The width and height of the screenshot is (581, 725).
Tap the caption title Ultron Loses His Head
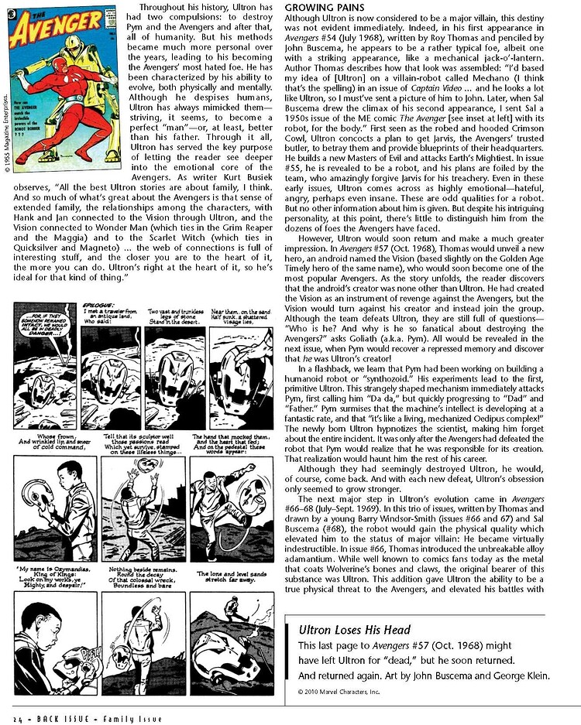coord(347,630)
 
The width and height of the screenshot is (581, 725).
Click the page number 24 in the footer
coord(16,717)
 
